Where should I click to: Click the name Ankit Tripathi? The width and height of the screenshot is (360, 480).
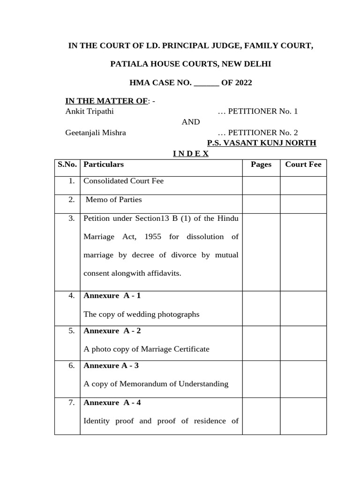[x=89, y=111]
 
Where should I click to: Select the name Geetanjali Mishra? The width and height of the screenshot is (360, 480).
[x=95, y=133]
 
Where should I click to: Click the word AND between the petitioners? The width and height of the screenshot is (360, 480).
[x=190, y=122]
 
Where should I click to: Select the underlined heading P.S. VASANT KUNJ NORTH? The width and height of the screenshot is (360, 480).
[x=262, y=143]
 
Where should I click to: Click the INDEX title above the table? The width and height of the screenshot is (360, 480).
[x=190, y=154]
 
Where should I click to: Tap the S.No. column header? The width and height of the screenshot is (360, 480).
[x=67, y=164]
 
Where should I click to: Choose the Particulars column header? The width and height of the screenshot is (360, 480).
[x=104, y=164]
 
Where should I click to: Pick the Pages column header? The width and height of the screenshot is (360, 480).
[x=261, y=164]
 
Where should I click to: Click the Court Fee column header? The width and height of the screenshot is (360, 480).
[x=303, y=164]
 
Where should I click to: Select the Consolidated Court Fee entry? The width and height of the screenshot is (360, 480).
[x=123, y=181]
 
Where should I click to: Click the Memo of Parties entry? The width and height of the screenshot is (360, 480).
[x=112, y=200]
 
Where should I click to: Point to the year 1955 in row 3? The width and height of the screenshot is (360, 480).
[x=153, y=237]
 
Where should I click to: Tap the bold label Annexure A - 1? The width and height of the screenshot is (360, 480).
[x=112, y=296]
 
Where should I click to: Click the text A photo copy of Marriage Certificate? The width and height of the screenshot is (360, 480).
[x=146, y=349]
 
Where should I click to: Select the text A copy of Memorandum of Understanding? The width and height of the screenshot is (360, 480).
[x=156, y=384]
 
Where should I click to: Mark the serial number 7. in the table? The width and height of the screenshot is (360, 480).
[x=71, y=402]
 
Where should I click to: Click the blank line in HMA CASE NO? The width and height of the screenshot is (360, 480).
[x=206, y=83]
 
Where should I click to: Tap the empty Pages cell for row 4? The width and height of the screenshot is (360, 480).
[x=261, y=308]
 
